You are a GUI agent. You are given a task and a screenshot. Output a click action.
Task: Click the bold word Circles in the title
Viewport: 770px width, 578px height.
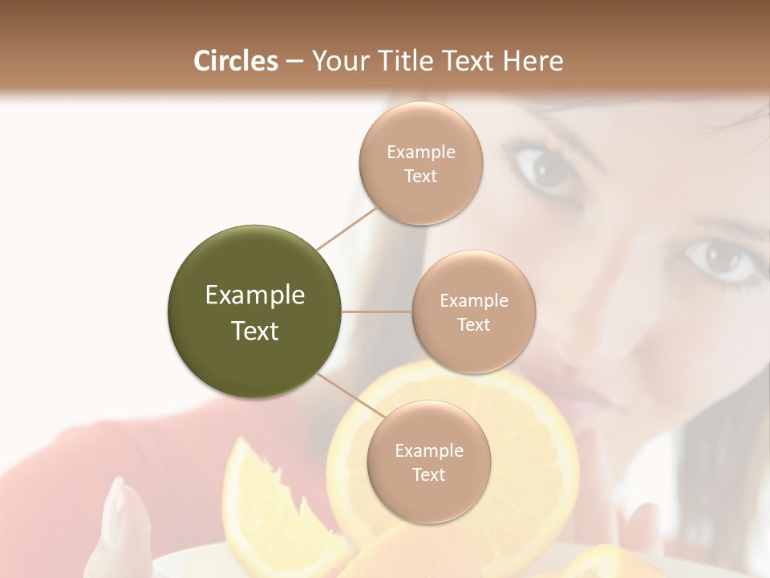pos(235,61)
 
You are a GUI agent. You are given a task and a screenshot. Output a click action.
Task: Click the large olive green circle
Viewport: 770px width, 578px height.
pos(255,311)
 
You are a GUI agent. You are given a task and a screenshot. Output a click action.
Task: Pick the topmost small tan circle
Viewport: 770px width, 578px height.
pos(421,163)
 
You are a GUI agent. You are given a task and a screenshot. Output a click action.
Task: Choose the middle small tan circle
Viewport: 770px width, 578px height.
pos(473,311)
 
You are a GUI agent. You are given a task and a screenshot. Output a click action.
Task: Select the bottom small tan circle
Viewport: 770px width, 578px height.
pos(428,462)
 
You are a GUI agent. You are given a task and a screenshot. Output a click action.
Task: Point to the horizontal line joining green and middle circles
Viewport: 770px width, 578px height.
pos(377,311)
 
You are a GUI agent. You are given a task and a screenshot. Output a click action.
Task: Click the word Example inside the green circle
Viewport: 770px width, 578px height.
pos(255,295)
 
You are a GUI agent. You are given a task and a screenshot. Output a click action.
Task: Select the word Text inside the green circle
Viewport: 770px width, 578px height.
pos(255,331)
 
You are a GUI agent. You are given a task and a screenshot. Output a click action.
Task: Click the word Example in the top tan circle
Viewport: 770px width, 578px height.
pos(421,152)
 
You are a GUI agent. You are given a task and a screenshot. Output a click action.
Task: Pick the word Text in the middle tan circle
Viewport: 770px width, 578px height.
pos(473,324)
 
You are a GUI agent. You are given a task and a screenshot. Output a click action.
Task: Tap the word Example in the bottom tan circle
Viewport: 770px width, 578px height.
pos(428,450)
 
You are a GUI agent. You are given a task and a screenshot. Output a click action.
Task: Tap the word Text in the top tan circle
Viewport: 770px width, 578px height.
pos(421,176)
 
